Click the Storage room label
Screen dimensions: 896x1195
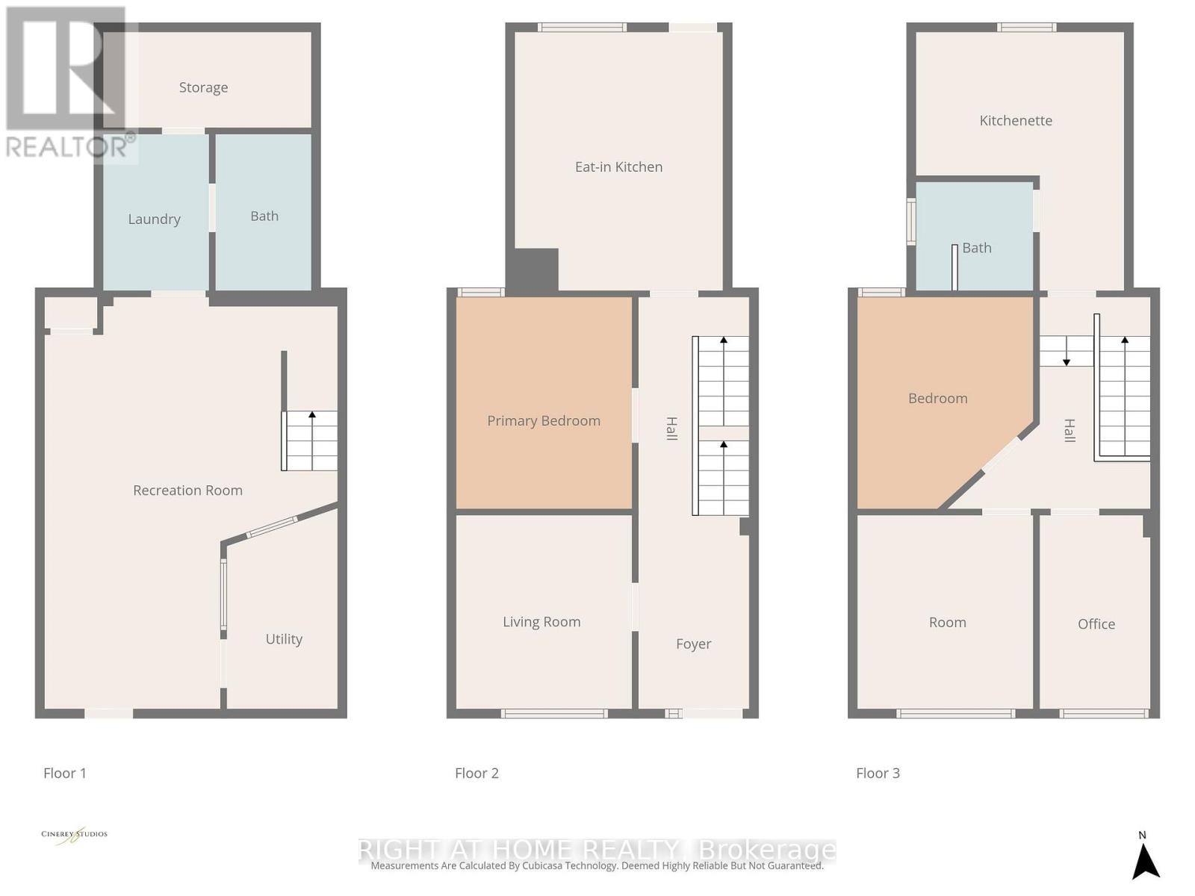pos(203,87)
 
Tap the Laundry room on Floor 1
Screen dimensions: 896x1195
pos(155,219)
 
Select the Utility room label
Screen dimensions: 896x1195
pos(284,639)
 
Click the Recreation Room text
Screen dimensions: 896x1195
pos(187,491)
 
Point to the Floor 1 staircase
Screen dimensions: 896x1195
pos(310,441)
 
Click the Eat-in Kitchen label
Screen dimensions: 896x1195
pos(618,167)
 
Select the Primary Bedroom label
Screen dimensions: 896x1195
pos(544,421)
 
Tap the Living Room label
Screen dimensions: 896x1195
pos(541,622)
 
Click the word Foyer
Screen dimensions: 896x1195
pos(693,644)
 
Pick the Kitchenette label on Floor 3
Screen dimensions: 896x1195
pos(1016,121)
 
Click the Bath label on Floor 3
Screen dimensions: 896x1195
pos(977,248)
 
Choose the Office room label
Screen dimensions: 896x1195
pos(1096,624)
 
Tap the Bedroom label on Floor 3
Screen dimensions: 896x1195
pos(938,399)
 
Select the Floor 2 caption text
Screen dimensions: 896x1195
pos(477,774)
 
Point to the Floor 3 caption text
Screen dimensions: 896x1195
pos(878,774)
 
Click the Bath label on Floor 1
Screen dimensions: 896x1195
pos(264,217)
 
